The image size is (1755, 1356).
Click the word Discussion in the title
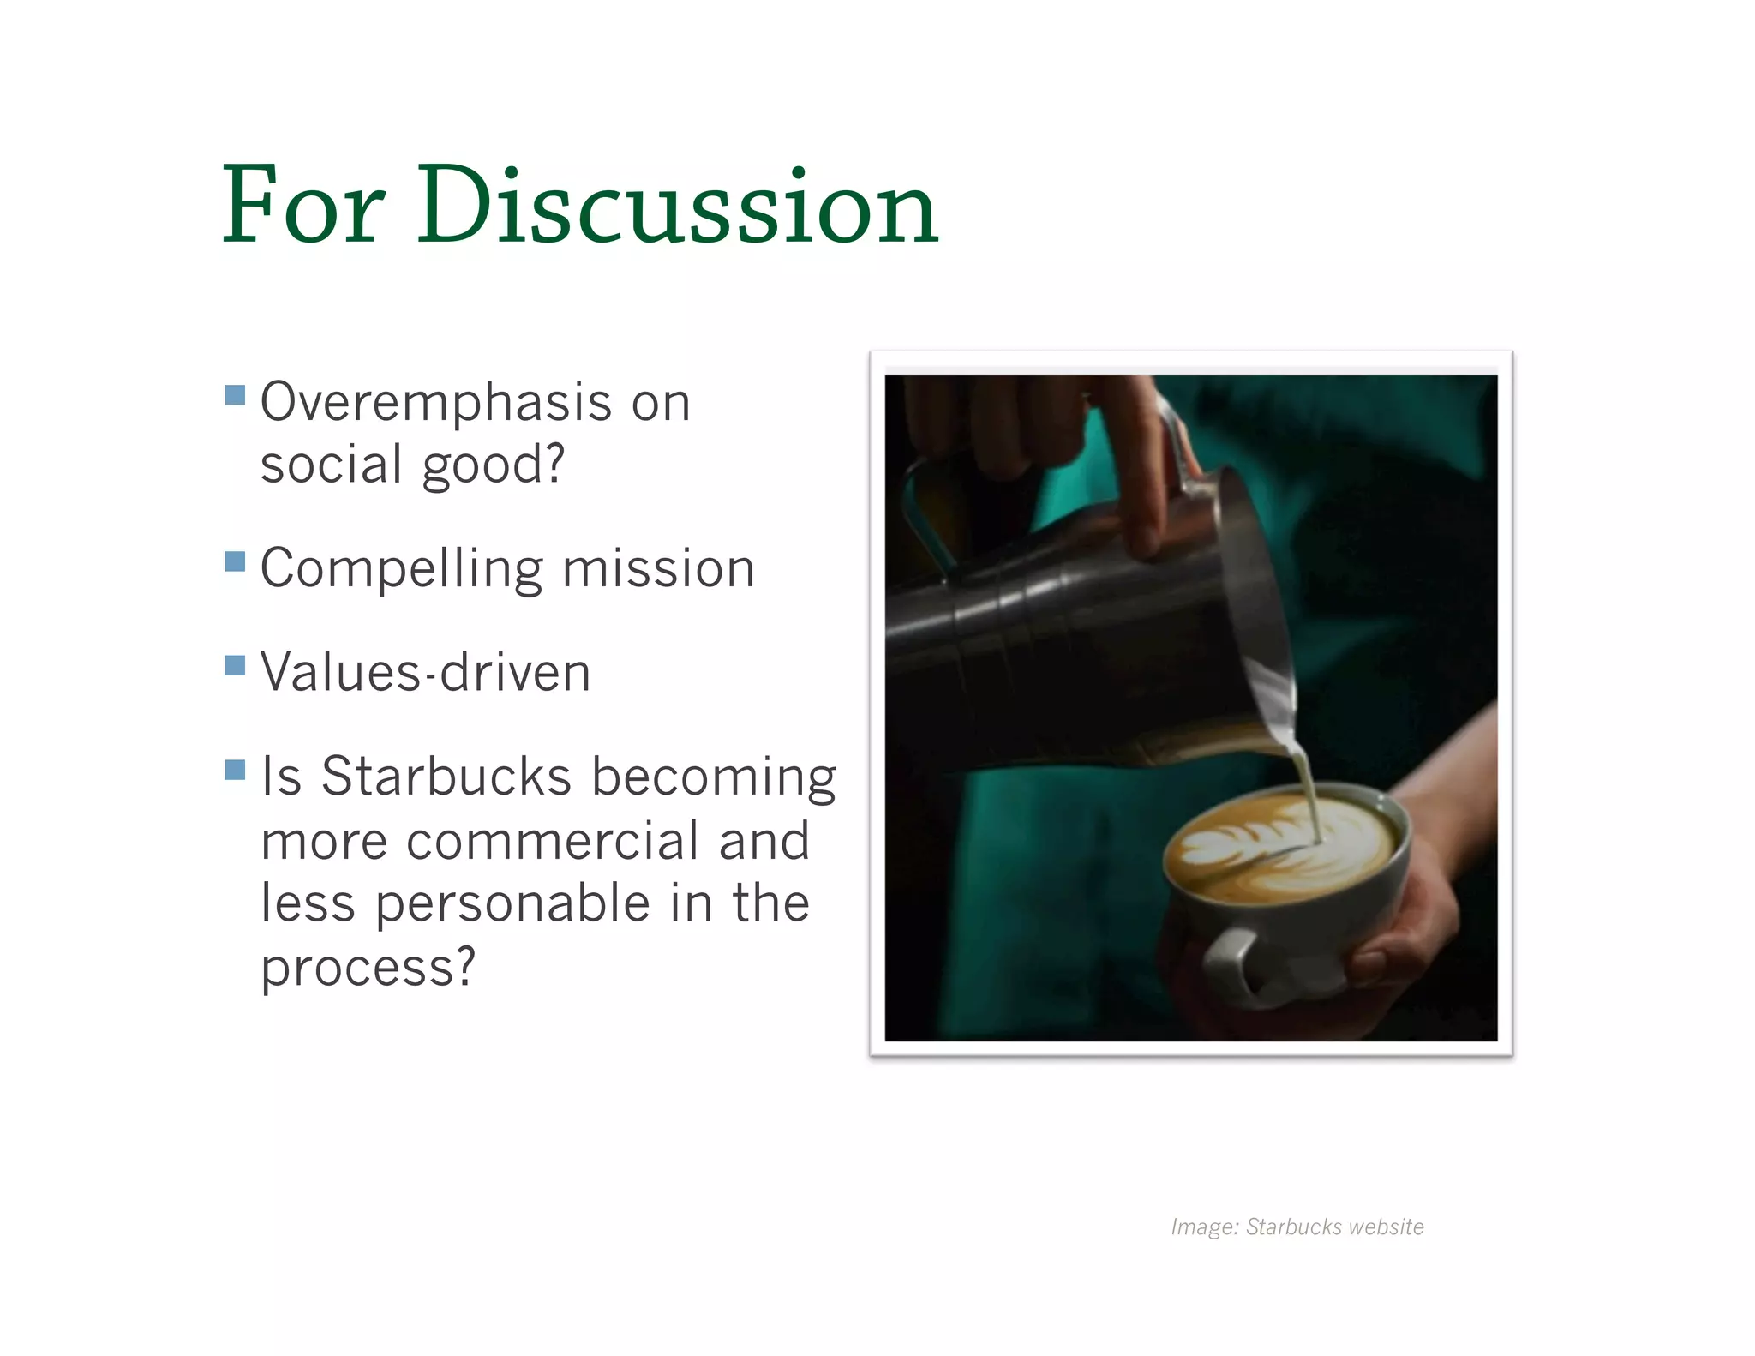(678, 206)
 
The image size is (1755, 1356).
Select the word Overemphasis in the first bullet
(436, 403)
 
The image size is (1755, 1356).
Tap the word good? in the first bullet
(494, 465)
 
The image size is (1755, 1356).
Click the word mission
(658, 569)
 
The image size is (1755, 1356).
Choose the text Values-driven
(425, 673)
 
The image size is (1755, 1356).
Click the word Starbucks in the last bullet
(446, 777)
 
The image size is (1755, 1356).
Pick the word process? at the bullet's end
(368, 968)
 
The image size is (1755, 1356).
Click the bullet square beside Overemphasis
(235, 394)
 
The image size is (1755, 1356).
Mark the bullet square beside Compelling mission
(235, 561)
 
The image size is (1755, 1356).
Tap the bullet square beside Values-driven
(235, 665)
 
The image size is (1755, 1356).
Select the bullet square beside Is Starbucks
(235, 770)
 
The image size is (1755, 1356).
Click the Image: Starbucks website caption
(1297, 1227)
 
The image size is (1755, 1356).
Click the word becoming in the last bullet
(714, 777)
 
